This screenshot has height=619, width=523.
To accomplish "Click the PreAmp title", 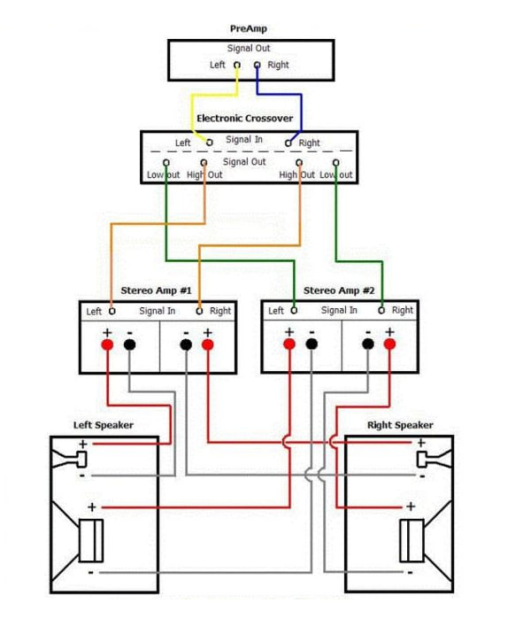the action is [249, 29].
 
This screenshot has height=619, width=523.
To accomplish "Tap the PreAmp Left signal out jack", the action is [237, 65].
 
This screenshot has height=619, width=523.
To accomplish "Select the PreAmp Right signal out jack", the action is [258, 65].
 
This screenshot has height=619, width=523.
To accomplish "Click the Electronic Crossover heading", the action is [244, 119].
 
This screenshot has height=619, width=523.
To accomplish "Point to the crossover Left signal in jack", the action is [210, 143].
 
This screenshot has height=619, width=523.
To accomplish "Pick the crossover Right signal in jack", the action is [288, 143].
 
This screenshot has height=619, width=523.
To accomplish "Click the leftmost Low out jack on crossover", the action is [166, 163].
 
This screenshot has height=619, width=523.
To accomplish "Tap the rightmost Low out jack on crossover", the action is [335, 163].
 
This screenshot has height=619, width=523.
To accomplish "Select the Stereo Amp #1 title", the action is [156, 290].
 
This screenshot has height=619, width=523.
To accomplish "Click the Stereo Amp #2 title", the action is [339, 290].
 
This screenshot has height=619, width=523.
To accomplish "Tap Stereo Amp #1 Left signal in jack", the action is [112, 311].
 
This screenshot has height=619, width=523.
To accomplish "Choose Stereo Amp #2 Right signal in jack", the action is [381, 310].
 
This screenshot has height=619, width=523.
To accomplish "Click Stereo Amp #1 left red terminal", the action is [107, 344].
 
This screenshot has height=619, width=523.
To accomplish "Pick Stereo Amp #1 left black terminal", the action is [130, 344].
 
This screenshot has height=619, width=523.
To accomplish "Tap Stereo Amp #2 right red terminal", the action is [389, 344].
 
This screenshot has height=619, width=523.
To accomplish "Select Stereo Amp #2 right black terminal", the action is [368, 344].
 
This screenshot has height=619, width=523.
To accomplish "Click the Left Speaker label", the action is [104, 425].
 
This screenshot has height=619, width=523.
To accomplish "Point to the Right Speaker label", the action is [400, 425].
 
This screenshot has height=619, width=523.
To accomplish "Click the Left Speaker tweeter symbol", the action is [69, 459].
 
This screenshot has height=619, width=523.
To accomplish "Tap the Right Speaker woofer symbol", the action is [426, 541].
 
